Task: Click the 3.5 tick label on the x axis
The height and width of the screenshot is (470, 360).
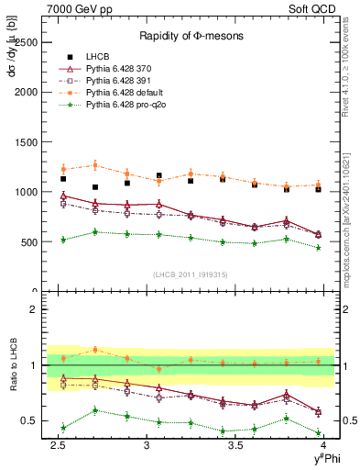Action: (235, 445)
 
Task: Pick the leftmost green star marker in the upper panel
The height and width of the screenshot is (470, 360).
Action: (63, 240)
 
